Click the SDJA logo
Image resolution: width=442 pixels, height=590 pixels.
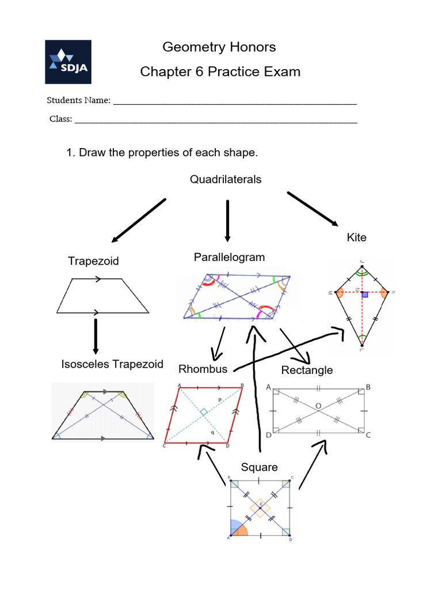coord(68,62)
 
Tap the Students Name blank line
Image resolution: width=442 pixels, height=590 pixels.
coord(235,103)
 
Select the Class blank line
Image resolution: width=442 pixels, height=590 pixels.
coord(216,122)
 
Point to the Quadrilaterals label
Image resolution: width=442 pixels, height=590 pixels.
coord(226,180)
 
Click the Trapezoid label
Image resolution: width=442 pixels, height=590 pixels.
coord(93,261)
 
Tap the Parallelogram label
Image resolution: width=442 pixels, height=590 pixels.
coord(229,257)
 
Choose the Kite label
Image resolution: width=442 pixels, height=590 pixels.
coord(356,237)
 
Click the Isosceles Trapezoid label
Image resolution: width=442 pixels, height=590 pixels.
coord(112,364)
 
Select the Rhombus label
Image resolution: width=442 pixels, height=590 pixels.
coord(203,369)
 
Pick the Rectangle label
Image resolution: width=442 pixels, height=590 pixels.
coord(307,370)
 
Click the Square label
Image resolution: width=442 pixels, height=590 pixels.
coord(259,467)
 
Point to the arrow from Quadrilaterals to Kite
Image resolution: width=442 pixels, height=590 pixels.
coord(313,209)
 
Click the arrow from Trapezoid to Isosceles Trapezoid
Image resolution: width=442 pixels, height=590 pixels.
coord(96,336)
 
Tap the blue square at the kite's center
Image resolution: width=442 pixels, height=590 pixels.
coord(365,295)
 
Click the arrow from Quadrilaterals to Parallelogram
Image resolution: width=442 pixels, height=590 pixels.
coord(228,221)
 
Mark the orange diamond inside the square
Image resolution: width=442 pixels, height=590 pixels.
coord(260,508)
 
